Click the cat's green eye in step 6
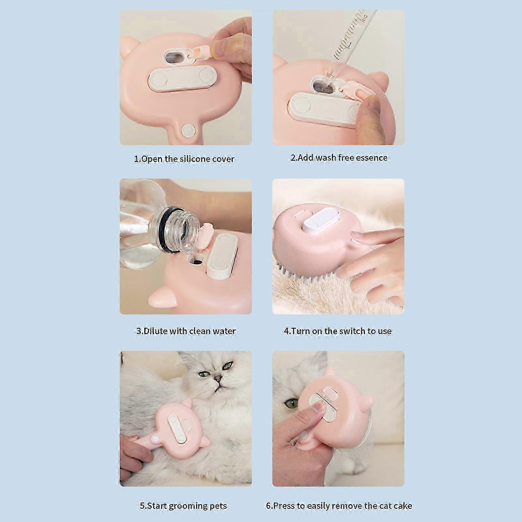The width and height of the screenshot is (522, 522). pyautogui.click(x=290, y=404)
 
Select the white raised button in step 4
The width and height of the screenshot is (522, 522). pyautogui.click(x=321, y=220)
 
